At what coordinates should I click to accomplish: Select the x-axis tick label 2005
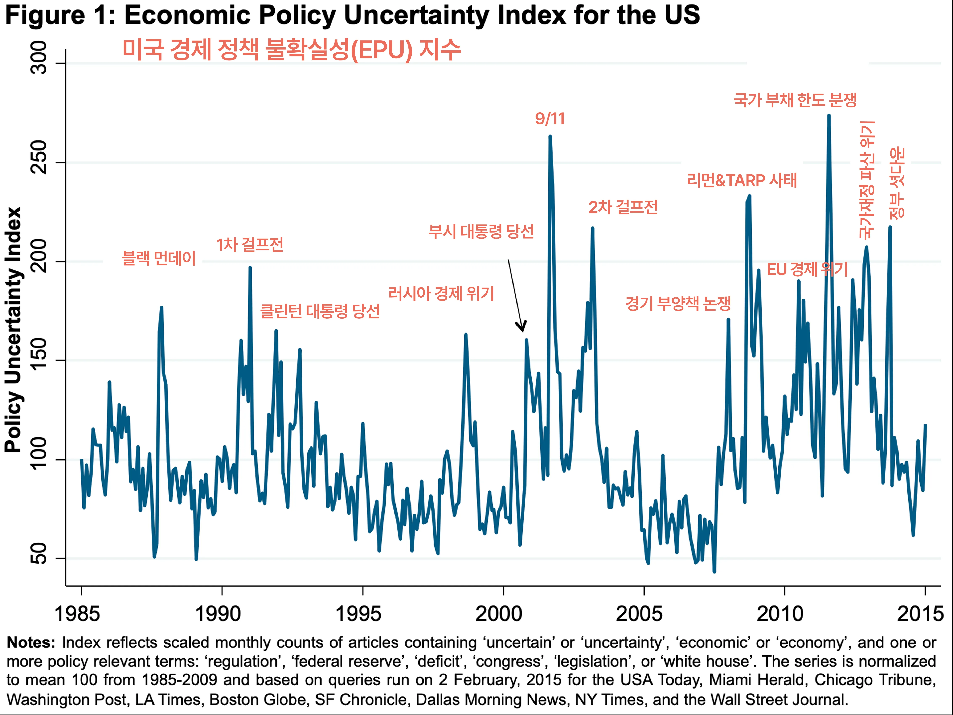coord(639,614)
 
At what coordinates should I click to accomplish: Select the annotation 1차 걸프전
coord(249,245)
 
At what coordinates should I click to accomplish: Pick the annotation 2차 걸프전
coord(623,207)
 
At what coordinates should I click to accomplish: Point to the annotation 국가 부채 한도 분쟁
coord(795,100)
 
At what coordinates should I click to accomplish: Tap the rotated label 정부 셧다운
coord(897,183)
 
